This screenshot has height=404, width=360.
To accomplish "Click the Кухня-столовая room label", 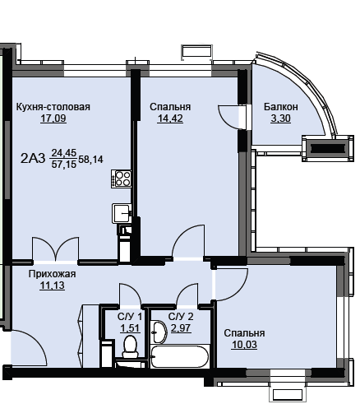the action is (53, 107).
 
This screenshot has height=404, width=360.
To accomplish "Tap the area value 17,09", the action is (53, 118).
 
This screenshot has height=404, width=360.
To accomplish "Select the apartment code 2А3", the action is (33, 159).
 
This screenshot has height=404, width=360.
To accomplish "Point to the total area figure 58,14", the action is (91, 160).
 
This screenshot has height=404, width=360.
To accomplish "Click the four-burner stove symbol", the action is (121, 179).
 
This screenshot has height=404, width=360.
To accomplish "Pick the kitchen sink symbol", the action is (122, 213).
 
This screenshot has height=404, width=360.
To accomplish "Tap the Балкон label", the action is (281, 107).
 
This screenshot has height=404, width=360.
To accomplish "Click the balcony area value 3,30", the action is (281, 118).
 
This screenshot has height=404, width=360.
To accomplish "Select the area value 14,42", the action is (170, 118).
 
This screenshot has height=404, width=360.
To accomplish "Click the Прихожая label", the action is (52, 274).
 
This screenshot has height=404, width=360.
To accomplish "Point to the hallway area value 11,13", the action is (53, 286).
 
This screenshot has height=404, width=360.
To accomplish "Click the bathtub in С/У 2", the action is (179, 356).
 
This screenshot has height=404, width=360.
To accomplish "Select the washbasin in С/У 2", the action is (159, 332).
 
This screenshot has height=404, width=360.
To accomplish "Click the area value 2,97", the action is (181, 328).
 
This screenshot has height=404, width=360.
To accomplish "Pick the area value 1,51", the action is (130, 328).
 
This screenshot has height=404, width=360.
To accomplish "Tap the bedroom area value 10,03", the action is (244, 345).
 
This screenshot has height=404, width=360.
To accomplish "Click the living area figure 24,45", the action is (64, 153).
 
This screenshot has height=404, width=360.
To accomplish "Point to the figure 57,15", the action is (64, 165).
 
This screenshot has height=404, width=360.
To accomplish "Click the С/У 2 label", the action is (181, 317).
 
